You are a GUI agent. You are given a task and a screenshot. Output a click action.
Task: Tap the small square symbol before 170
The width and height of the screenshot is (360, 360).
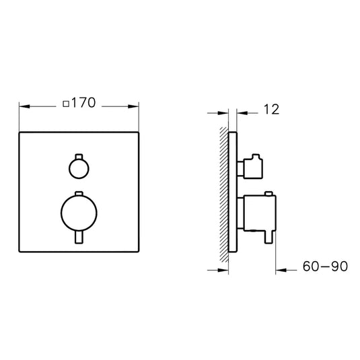[x=65, y=104]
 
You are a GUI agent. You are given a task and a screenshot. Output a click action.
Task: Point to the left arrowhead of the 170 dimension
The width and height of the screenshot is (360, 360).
[x=24, y=105]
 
